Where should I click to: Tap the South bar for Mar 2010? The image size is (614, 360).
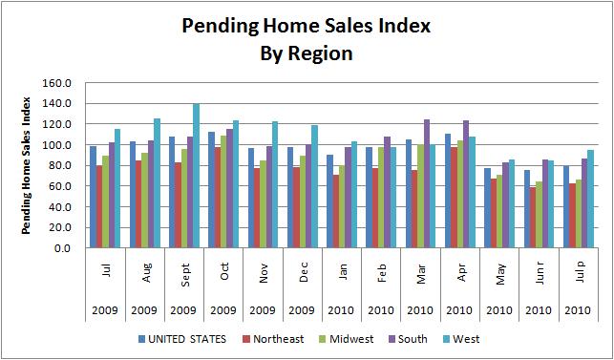[426, 183]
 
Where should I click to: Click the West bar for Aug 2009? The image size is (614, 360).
[157, 183]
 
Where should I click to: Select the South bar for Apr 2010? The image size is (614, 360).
[465, 184]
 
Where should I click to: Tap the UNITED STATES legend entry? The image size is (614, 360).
[186, 338]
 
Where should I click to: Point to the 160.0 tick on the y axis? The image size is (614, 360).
[58, 83]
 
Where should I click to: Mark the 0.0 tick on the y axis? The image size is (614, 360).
[64, 248]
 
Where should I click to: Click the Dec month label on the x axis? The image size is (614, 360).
[302, 268]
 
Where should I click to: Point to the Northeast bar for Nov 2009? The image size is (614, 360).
[259, 208]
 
